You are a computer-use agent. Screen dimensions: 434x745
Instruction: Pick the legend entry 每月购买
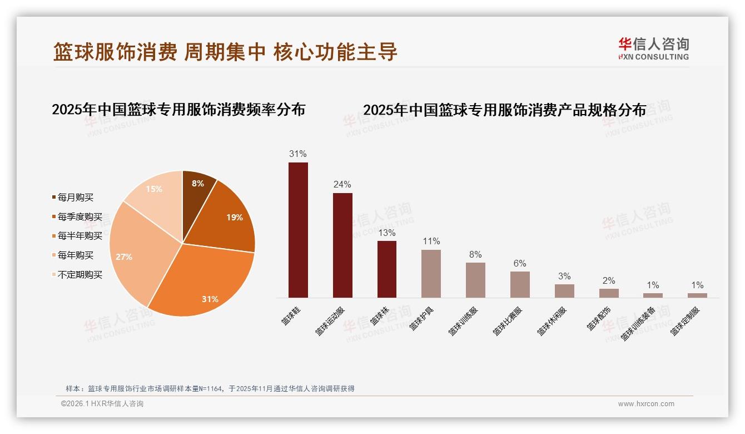point(76,198)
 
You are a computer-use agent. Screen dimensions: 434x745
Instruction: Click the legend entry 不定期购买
point(80,275)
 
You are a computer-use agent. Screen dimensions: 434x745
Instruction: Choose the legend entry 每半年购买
point(80,236)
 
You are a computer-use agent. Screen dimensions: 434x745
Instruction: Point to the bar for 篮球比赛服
point(520,284)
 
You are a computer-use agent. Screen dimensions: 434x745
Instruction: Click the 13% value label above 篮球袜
point(386,233)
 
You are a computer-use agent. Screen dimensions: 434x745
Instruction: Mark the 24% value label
point(342,184)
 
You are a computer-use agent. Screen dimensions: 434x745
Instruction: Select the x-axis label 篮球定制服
point(685,321)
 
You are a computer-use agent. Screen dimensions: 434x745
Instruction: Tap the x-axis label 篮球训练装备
point(638,323)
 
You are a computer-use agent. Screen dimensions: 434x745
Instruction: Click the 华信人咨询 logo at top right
point(653,48)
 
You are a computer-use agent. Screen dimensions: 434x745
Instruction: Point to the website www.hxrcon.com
point(646,404)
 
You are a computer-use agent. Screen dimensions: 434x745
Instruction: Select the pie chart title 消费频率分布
point(178,109)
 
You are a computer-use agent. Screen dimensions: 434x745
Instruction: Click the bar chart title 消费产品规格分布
point(504,110)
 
